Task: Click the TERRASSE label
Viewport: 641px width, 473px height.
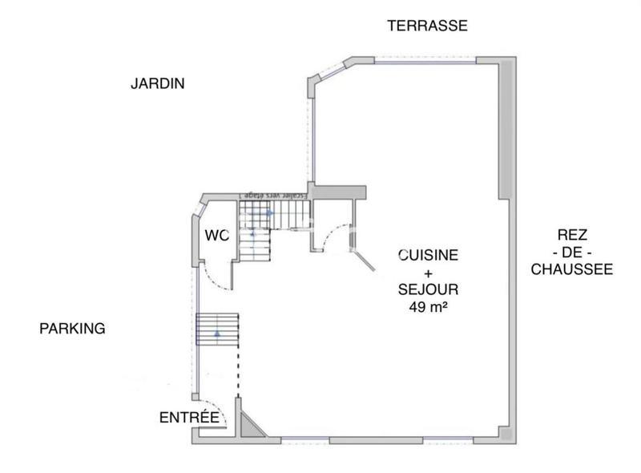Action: coord(427,26)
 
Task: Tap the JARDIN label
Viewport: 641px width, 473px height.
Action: coord(158,83)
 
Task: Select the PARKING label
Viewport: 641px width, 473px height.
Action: coord(72,328)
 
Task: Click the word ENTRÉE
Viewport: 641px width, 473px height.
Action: coord(189,417)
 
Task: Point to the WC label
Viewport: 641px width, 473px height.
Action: coord(216,236)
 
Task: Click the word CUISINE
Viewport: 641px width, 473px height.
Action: coord(429,255)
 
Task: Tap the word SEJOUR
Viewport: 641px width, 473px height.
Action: coord(429,289)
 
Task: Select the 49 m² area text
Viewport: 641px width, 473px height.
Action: coord(429,306)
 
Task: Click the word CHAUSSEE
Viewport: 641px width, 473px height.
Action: coord(572,269)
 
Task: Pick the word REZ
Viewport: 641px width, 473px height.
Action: coord(572,235)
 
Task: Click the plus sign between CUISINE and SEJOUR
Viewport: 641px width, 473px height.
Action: coord(429,273)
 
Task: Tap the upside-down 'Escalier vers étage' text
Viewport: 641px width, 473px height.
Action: coord(272,195)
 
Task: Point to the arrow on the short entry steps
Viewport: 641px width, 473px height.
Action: coord(217,334)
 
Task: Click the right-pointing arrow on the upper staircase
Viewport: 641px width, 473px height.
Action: coord(269,212)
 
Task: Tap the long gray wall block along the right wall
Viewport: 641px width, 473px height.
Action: coord(505,128)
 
